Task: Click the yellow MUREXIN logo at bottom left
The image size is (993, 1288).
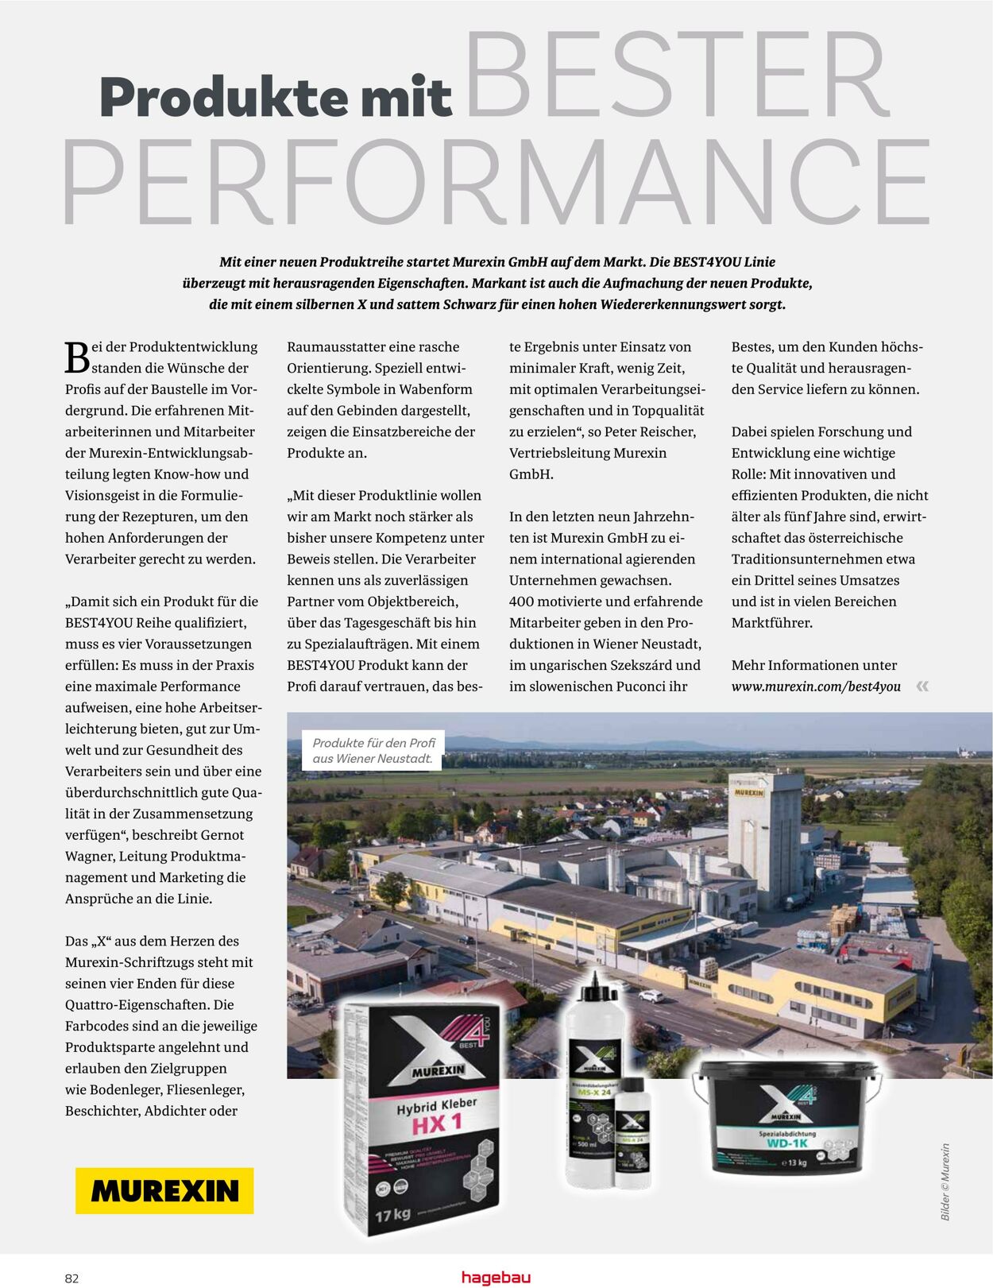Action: pyautogui.click(x=164, y=1190)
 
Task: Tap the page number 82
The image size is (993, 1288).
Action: pyautogui.click(x=71, y=1278)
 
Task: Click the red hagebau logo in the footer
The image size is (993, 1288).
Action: pyautogui.click(x=496, y=1277)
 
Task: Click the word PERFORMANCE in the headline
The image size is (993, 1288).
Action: pyautogui.click(x=496, y=183)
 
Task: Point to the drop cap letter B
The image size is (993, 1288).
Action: pyautogui.click(x=77, y=358)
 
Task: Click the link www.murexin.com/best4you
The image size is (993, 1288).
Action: pyautogui.click(x=816, y=687)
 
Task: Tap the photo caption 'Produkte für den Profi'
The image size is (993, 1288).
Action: pyautogui.click(x=373, y=743)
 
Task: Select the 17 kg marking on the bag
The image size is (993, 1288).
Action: pyautogui.click(x=392, y=1215)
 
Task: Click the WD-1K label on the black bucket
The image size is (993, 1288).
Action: pyautogui.click(x=786, y=1143)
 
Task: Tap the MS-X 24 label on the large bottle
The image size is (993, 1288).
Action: pyautogui.click(x=593, y=1093)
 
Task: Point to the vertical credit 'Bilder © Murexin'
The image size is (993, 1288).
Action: pyautogui.click(x=945, y=1182)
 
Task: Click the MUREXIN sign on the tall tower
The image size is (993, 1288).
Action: pyautogui.click(x=748, y=792)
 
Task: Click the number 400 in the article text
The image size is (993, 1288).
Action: pyautogui.click(x=523, y=601)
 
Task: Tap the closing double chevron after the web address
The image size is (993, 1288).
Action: pyautogui.click(x=922, y=687)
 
